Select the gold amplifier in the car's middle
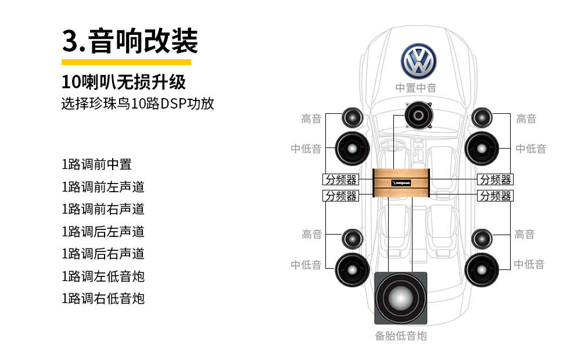pyautogui.click(x=401, y=182)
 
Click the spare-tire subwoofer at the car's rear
pyautogui.click(x=401, y=298)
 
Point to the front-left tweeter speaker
pyautogui.click(x=352, y=118)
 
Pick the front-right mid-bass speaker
pyautogui.click(x=482, y=149)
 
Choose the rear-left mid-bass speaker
pyautogui.click(x=352, y=269)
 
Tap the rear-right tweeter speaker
pyautogui.click(x=482, y=237)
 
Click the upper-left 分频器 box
pyautogui.click(x=340, y=179)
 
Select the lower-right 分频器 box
pyautogui.click(x=495, y=196)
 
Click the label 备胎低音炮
pyautogui.click(x=401, y=336)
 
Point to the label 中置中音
pyautogui.click(x=416, y=88)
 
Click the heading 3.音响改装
pyautogui.click(x=130, y=41)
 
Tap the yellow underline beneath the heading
pyautogui.click(x=126, y=62)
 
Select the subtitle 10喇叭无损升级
pyautogui.click(x=124, y=82)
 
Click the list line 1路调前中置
pyautogui.click(x=96, y=164)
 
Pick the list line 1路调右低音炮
pyautogui.click(x=103, y=298)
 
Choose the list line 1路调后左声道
pyautogui.click(x=103, y=232)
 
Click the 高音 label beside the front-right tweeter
pyautogui.click(x=526, y=119)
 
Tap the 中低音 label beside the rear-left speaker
pyautogui.click(x=306, y=265)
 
